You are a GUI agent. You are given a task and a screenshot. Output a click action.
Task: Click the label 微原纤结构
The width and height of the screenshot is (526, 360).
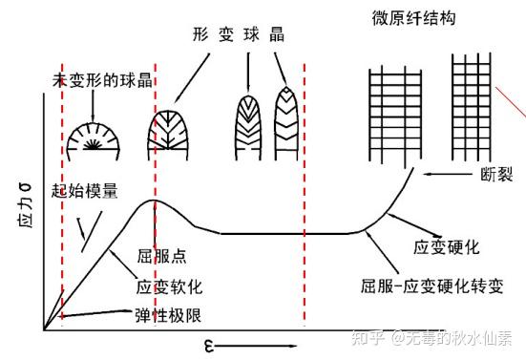tap(413, 18)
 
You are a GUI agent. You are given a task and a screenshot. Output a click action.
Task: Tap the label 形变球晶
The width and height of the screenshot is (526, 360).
tap(239, 34)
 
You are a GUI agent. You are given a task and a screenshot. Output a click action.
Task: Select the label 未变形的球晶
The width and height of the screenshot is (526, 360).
tap(103, 80)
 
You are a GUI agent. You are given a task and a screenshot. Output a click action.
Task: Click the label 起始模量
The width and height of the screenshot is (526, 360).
tap(85, 191)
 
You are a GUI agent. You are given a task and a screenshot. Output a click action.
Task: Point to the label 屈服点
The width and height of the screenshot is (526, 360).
tap(161, 256)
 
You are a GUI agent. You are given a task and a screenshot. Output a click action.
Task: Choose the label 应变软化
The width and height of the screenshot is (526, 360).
tap(169, 287)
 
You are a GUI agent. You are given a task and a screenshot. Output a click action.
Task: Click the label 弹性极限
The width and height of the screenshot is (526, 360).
tap(168, 315)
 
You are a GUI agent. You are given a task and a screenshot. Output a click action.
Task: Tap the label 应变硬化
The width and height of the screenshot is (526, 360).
tap(446, 247)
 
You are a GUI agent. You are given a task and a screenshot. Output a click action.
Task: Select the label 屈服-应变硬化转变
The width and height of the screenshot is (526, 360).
tap(432, 286)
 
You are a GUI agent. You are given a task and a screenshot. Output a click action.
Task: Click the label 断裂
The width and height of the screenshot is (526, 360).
tap(496, 175)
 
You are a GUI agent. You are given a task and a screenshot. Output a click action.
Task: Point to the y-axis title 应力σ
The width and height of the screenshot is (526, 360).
tap(25, 205)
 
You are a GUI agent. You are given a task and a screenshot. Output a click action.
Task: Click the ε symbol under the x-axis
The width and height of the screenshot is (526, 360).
tap(209, 346)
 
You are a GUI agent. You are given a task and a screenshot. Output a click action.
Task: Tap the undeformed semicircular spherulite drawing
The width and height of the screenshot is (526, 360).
tap(94, 141)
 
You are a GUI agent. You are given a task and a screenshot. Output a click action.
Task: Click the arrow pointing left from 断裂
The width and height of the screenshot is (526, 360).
tap(448, 174)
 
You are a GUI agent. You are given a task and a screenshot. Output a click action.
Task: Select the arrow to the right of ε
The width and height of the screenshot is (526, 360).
tap(256, 346)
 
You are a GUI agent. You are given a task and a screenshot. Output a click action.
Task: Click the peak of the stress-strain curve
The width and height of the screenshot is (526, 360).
tap(154, 201)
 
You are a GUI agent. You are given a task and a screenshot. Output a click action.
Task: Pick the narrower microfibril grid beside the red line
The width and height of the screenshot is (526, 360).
tap(471, 107)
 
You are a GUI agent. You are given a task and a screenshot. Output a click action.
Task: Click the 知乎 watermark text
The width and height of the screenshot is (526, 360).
tap(367, 337)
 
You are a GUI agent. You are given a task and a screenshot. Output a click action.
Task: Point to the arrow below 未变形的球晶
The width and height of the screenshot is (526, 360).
tap(93, 106)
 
